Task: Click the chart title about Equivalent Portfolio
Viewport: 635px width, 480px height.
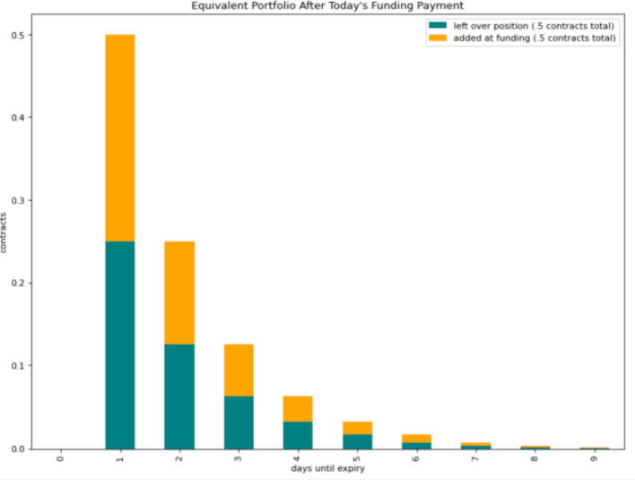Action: pyautogui.click(x=327, y=5)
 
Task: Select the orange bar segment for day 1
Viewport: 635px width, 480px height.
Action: pyautogui.click(x=119, y=138)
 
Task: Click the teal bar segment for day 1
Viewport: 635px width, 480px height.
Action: pyautogui.click(x=119, y=345)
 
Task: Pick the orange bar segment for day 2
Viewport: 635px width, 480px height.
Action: pyautogui.click(x=178, y=293)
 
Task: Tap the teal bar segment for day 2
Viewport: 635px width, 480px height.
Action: pyautogui.click(x=178, y=397)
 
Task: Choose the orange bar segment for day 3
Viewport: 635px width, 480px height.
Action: pyautogui.click(x=239, y=371)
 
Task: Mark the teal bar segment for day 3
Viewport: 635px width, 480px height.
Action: pyautogui.click(x=239, y=423)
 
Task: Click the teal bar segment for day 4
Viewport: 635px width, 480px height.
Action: pyautogui.click(x=298, y=435)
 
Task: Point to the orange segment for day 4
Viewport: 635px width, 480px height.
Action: pyautogui.click(x=298, y=409)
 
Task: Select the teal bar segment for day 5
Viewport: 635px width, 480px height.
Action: pyautogui.click(x=357, y=441)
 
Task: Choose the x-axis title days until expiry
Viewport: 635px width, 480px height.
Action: pyautogui.click(x=327, y=469)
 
